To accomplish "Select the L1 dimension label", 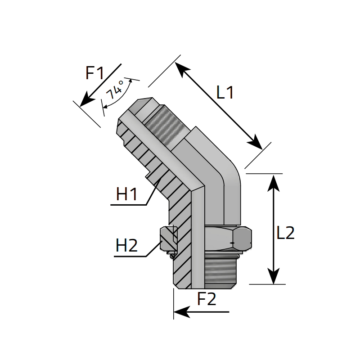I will point(225,93).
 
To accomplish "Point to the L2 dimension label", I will point(285,233).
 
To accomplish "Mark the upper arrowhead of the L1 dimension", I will point(179,67).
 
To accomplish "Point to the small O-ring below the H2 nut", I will point(172,256).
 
